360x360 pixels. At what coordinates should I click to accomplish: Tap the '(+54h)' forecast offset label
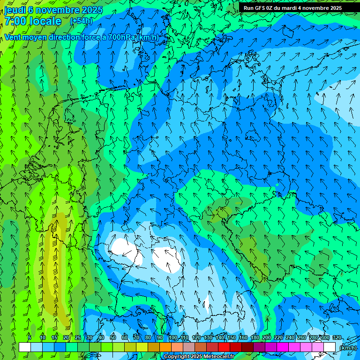(x=81, y=21)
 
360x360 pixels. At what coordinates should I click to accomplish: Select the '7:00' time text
(x=15, y=21)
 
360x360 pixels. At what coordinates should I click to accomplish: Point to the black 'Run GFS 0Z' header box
(x=292, y=7)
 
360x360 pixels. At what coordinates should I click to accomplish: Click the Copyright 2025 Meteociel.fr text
(x=199, y=357)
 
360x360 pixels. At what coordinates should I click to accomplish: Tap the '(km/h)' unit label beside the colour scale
(x=347, y=348)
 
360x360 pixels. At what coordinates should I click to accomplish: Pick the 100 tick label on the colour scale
(x=173, y=338)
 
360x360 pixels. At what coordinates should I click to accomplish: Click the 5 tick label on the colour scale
(x=30, y=338)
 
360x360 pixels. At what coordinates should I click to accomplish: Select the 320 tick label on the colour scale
(x=337, y=338)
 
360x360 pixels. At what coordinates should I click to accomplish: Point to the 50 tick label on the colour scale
(x=113, y=338)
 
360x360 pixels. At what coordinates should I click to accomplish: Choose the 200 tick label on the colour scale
(x=267, y=338)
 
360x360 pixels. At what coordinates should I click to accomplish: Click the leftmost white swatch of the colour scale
(x=25, y=347)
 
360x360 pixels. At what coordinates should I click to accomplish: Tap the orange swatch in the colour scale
(x=165, y=347)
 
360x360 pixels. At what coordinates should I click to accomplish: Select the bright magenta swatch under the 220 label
(x=283, y=347)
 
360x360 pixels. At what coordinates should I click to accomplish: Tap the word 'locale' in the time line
(x=45, y=21)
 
